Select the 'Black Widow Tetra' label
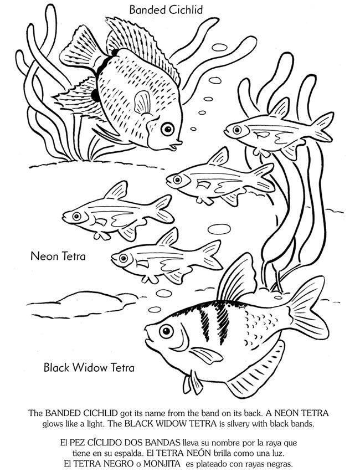[x=89, y=367]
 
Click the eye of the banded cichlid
[x=168, y=128]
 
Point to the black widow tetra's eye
[x=164, y=331]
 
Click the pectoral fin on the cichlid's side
[x=143, y=102]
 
